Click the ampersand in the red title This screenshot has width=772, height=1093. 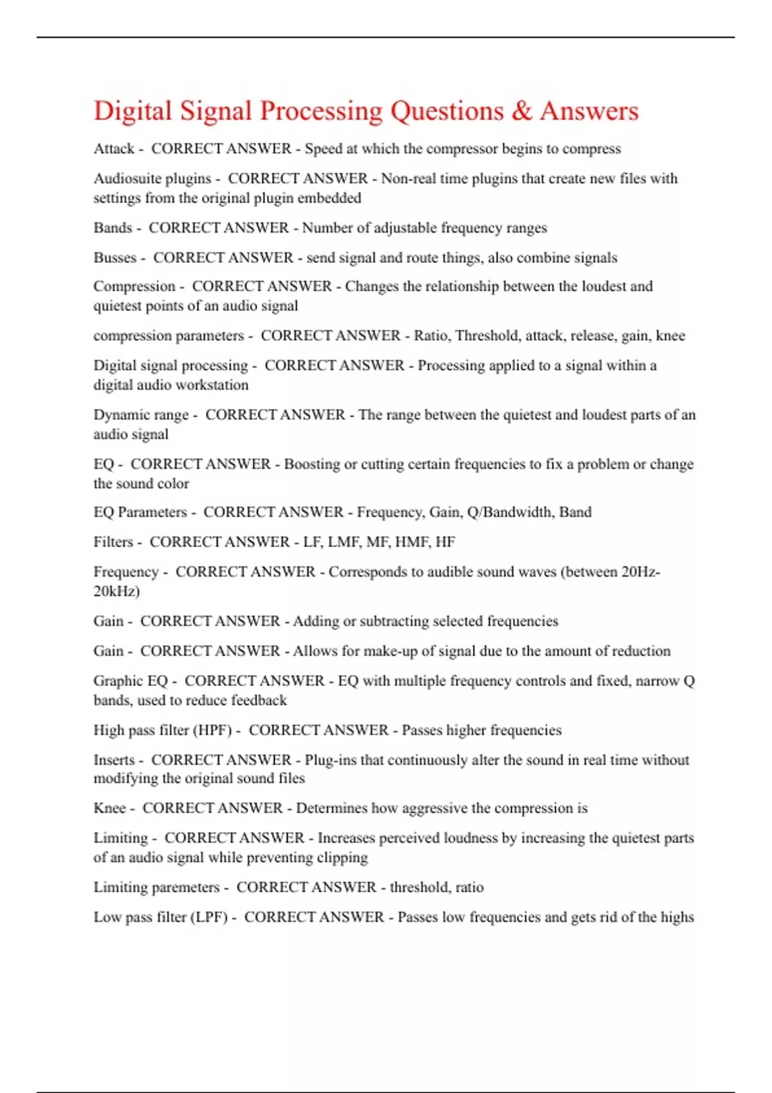[522, 111]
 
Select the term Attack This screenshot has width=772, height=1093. [114, 149]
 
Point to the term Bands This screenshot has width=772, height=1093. [113, 228]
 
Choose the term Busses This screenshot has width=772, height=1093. [115, 257]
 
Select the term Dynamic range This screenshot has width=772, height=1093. [141, 415]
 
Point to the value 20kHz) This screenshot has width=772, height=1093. [116, 591]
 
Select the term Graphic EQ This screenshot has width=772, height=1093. [131, 680]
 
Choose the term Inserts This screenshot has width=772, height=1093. [114, 759]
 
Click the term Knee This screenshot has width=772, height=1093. [109, 808]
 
